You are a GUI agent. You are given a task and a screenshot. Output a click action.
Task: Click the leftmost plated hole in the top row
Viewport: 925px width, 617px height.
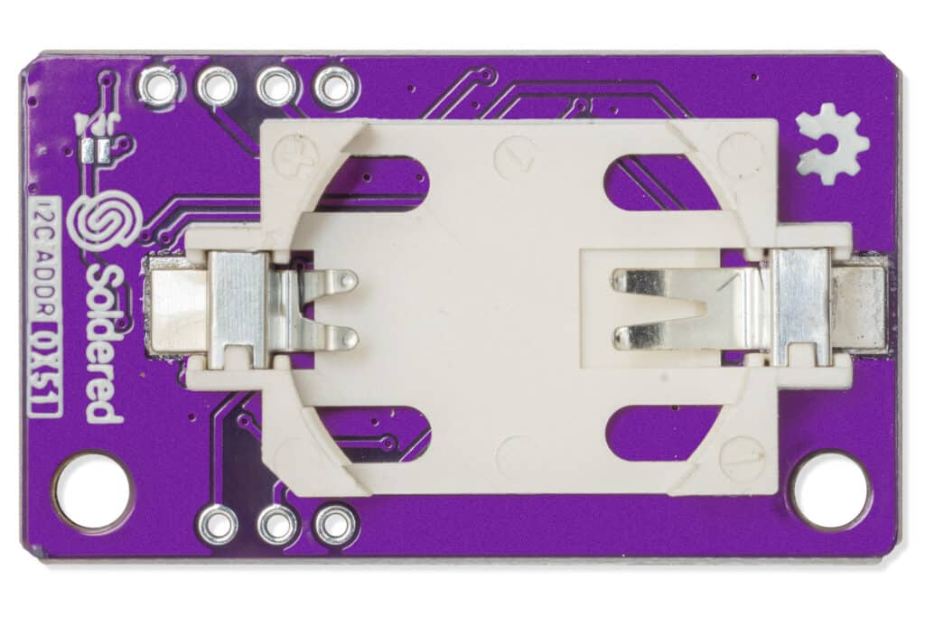tap(159, 87)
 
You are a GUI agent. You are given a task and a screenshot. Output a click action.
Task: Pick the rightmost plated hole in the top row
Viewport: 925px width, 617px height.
tap(335, 88)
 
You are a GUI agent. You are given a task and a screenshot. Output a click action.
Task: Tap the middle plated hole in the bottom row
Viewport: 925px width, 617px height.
tap(276, 524)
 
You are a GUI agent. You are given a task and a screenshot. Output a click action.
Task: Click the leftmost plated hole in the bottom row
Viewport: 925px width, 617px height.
tap(218, 524)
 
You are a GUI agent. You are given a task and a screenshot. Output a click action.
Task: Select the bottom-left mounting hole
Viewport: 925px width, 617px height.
tap(92, 491)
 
